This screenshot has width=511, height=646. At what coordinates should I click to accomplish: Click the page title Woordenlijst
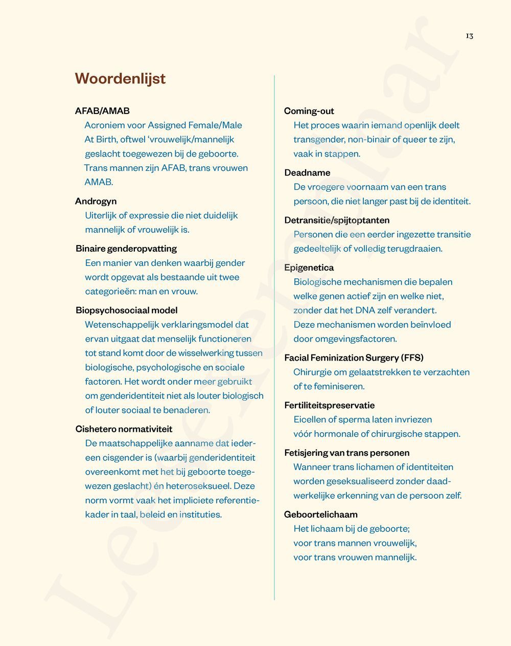[120, 78]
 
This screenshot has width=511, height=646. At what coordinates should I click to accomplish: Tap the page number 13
[469, 36]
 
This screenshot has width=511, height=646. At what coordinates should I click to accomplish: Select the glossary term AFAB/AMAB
[102, 110]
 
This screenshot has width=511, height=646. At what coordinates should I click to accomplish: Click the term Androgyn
[96, 201]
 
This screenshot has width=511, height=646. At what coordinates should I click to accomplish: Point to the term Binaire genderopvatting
[126, 249]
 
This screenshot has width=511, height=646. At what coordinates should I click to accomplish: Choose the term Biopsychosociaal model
[127, 310]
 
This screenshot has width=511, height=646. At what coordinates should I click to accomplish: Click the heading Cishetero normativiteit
[124, 429]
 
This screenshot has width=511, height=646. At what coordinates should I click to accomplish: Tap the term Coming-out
[309, 111]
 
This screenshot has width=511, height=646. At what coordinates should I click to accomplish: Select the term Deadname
[307, 172]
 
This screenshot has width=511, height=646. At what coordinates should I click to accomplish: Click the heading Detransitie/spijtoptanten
[337, 220]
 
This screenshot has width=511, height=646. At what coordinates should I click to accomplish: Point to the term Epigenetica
[309, 268]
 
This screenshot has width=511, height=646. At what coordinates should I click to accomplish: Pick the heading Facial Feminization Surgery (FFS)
[354, 358]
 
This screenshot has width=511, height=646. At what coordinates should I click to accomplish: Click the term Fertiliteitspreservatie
[329, 405]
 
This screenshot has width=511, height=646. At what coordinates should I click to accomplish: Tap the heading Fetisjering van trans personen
[346, 453]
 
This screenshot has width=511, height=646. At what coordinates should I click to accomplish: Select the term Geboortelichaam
[320, 514]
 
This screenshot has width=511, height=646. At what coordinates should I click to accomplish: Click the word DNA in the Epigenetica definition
[365, 310]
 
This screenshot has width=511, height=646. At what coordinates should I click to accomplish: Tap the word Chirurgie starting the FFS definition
[312, 372]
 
